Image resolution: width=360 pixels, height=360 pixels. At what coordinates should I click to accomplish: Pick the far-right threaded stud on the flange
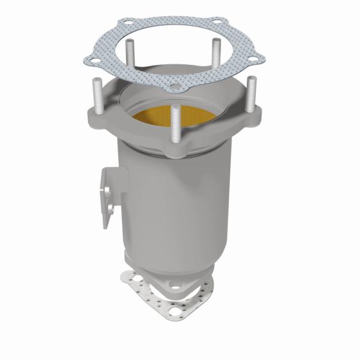click(x=249, y=95)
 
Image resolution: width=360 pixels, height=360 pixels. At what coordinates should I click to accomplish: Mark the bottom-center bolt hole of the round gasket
click(x=174, y=88)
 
